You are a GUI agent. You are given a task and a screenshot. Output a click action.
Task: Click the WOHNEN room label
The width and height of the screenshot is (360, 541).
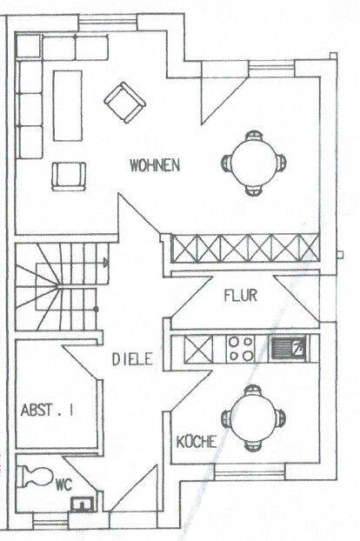(x=155, y=165)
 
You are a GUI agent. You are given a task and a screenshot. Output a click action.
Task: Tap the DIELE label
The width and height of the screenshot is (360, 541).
(x=132, y=359)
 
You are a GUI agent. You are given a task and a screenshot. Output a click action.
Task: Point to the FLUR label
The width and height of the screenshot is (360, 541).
(x=240, y=296)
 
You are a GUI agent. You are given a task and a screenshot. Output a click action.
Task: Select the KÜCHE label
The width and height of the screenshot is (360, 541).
(x=197, y=441)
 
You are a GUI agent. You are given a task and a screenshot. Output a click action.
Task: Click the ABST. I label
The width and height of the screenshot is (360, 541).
(x=47, y=411)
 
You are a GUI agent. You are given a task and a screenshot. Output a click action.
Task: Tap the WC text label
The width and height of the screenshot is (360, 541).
(x=64, y=485)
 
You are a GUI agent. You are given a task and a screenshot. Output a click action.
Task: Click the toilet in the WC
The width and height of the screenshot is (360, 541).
(x=37, y=477)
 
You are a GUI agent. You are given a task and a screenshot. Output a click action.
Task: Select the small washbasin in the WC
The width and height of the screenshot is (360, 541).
(x=82, y=504)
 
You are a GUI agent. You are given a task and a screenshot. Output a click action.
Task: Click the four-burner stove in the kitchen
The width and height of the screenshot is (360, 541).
(x=240, y=349)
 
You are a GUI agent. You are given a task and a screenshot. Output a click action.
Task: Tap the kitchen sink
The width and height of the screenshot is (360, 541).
(x=289, y=349)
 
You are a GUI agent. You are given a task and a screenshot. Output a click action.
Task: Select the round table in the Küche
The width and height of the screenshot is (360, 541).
(x=253, y=417)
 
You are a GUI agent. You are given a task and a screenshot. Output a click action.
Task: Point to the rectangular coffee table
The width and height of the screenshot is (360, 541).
(x=68, y=105)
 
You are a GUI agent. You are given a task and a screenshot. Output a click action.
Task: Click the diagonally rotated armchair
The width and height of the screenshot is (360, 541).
(x=125, y=103)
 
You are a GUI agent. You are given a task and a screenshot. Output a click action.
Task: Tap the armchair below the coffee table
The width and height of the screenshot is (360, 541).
(x=69, y=177)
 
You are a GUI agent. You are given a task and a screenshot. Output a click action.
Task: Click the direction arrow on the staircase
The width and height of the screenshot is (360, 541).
(x=106, y=264)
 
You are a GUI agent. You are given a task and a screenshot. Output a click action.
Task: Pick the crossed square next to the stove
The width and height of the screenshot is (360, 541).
(x=198, y=349)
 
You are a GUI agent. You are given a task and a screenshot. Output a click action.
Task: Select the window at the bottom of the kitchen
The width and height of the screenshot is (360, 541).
(x=250, y=471)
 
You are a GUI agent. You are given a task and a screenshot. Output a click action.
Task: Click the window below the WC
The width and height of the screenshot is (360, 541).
(x=50, y=521)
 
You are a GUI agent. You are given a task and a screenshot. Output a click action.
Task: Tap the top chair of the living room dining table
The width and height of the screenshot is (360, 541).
(x=254, y=135)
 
